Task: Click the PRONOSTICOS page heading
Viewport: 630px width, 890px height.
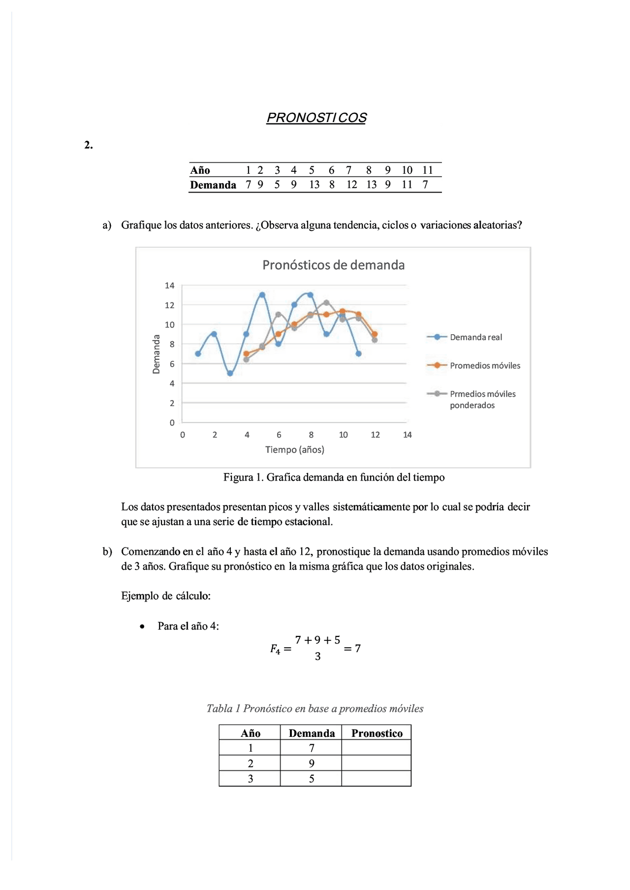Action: [x=316, y=118]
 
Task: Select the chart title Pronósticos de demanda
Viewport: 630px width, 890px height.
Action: [x=333, y=265]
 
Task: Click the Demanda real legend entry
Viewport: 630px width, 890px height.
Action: [x=475, y=337]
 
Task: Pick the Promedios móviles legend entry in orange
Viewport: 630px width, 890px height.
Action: [x=484, y=366]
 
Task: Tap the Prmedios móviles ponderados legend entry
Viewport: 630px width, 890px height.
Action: [x=482, y=399]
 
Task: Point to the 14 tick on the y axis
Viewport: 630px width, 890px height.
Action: [x=170, y=286]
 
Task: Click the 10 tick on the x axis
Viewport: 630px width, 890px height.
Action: [x=343, y=435]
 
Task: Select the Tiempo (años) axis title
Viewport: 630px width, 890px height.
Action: [x=294, y=449]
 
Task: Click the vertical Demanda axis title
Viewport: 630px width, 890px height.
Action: [x=157, y=354]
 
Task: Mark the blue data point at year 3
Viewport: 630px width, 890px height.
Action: [x=230, y=374]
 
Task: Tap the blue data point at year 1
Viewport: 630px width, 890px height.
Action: [x=198, y=354]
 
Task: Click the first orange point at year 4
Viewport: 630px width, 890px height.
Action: [x=246, y=353]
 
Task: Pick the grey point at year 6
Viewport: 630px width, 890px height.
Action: [x=278, y=315]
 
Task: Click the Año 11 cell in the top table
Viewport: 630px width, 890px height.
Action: [x=427, y=170]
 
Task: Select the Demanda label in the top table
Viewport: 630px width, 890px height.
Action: [x=213, y=185]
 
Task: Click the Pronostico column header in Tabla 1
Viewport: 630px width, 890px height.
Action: [x=377, y=733]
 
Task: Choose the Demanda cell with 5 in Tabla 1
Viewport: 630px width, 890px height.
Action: [x=311, y=779]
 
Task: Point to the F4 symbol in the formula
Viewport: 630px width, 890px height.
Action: [x=275, y=649]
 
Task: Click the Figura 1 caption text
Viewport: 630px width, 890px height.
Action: [x=334, y=477]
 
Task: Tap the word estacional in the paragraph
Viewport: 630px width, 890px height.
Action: [x=309, y=522]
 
